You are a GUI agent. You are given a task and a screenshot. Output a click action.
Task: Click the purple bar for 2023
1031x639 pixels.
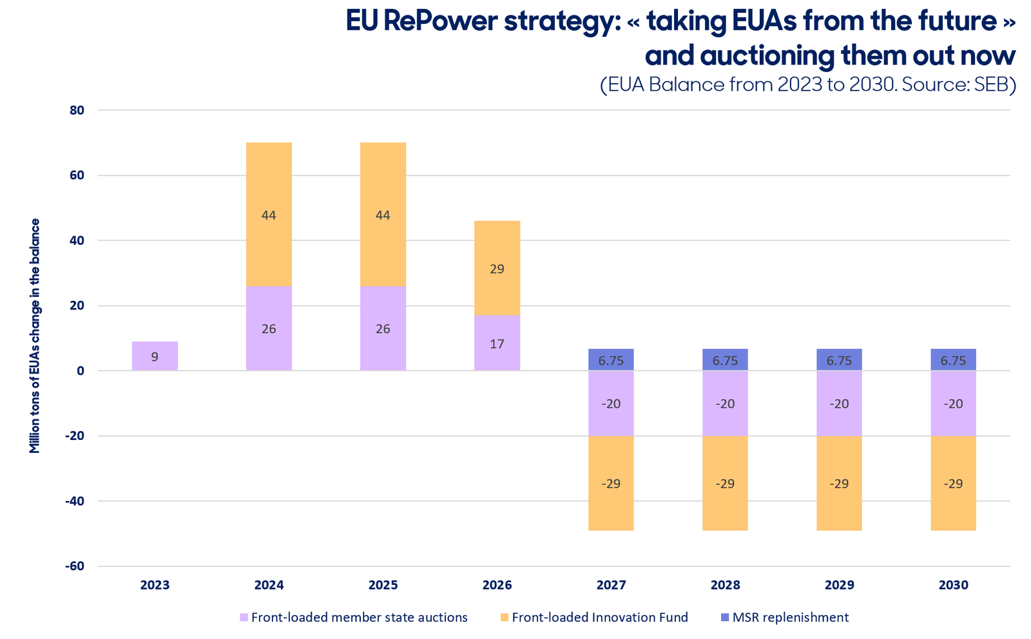[x=155, y=356]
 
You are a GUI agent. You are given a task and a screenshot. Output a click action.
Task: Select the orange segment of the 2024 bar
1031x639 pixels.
[x=269, y=215]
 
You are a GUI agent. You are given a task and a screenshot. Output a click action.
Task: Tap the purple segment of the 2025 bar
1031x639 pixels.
[x=383, y=328]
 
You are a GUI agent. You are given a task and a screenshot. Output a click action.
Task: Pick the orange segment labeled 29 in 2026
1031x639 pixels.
[x=497, y=268]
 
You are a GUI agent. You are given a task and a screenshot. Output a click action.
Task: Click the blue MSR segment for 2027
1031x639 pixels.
[x=611, y=359]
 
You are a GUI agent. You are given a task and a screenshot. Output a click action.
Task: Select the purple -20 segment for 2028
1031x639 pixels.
[x=725, y=403]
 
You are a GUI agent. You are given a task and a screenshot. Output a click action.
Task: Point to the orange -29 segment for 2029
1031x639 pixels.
[x=839, y=483]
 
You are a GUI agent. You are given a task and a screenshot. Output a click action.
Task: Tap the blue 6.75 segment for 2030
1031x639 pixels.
[x=953, y=359]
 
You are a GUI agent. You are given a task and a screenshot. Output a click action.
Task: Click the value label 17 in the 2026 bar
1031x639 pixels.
[x=497, y=344]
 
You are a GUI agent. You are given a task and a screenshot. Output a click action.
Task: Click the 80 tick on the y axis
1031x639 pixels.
[x=77, y=110]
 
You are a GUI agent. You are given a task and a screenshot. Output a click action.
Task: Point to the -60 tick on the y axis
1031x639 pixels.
[x=75, y=566]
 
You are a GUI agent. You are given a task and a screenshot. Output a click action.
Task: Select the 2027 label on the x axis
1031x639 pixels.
[x=612, y=585]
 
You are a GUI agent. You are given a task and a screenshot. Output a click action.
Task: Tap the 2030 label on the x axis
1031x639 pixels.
[x=954, y=585]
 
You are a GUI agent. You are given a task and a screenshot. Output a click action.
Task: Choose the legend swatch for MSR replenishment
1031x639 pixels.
[x=725, y=617]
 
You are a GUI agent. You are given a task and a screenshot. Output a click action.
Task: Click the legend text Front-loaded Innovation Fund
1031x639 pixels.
[x=600, y=617]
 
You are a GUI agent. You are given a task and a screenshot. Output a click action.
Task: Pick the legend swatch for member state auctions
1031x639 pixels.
[x=244, y=617]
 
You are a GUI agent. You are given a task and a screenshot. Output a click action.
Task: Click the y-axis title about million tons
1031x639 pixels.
[x=35, y=336]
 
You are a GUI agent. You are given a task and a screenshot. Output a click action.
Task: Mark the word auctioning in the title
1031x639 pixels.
[x=767, y=56]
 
